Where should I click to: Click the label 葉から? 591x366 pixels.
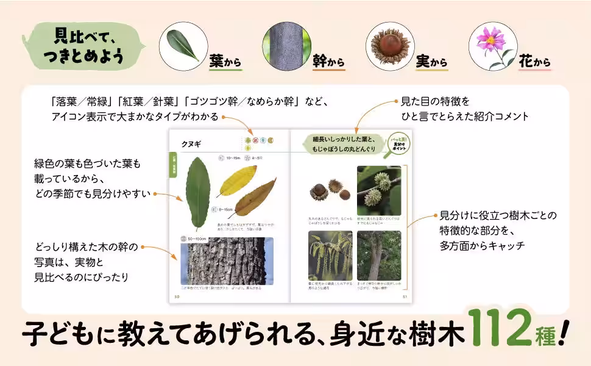(x=225, y=62)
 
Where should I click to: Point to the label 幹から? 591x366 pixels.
(x=328, y=62)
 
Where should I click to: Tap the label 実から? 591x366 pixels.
(x=431, y=62)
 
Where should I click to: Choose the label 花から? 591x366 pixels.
(x=534, y=62)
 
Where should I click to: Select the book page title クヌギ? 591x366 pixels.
(x=191, y=144)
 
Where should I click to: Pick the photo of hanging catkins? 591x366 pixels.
(x=330, y=255)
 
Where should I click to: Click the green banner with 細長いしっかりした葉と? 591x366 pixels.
(x=344, y=144)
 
